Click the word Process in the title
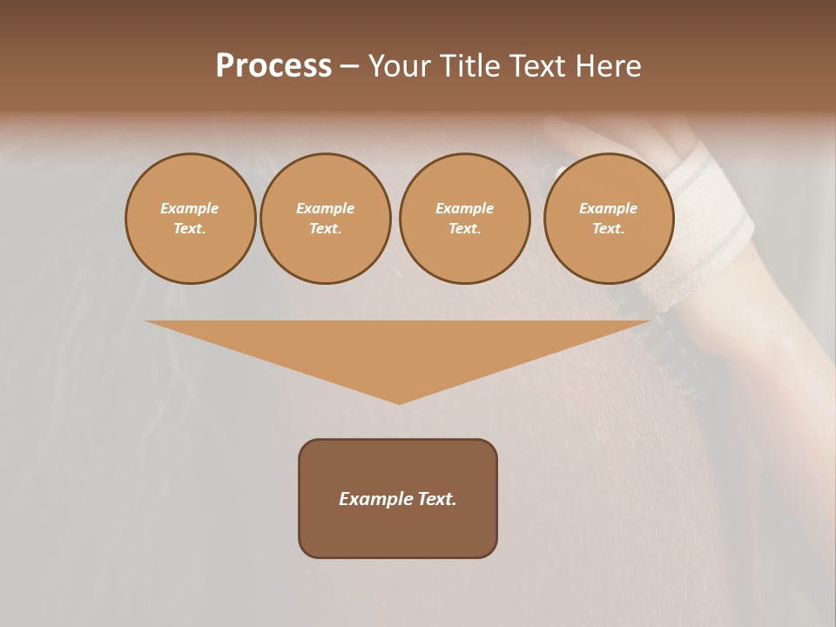point(273,66)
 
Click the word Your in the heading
point(398,66)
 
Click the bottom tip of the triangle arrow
point(399,401)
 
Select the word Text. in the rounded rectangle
point(437,499)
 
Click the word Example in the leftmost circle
point(190,208)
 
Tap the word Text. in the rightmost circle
point(608,228)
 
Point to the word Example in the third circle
point(464,208)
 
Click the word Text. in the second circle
point(325,228)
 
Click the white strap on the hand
point(710,226)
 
